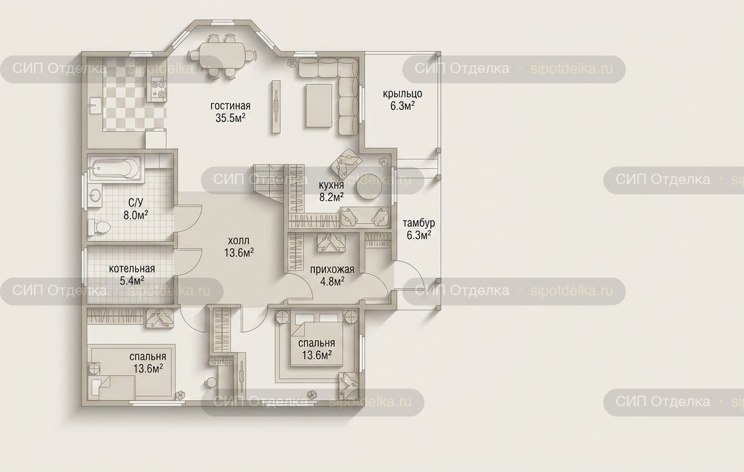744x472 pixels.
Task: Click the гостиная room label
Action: coord(230,106)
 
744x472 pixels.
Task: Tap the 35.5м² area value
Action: coord(230,118)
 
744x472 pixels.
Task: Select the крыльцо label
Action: coord(402,94)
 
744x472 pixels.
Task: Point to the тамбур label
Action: coord(419,223)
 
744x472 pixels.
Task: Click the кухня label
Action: coord(331,185)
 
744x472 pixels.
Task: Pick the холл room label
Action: coord(239,241)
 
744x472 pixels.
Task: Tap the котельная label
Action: coord(132,268)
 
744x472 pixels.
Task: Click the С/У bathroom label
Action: coord(135,202)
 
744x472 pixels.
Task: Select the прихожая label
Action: coord(332,270)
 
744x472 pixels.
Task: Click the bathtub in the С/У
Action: coord(115,169)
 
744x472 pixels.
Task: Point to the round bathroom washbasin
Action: coord(96,194)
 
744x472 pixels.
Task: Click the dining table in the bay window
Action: coord(222,56)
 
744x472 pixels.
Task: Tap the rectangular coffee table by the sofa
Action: coord(319,105)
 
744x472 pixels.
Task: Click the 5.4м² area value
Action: coord(132,281)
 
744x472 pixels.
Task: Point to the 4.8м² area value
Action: coord(332,282)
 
